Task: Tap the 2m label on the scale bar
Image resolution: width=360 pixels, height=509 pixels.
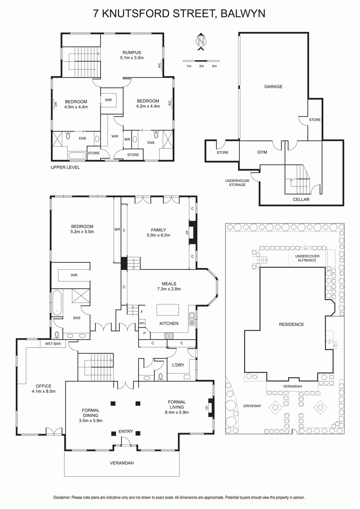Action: [202, 66]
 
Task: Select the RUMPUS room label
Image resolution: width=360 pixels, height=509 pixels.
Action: [131, 53]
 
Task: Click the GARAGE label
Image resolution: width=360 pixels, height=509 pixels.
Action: [273, 87]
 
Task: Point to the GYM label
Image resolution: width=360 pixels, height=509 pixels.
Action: [262, 152]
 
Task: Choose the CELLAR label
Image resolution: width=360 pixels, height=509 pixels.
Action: [301, 199]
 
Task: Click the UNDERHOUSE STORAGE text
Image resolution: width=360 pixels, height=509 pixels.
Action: [237, 183]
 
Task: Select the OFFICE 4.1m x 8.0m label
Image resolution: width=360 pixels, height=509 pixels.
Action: [44, 388]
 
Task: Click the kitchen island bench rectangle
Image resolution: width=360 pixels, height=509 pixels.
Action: [168, 310]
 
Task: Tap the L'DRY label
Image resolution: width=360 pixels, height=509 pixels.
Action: [178, 365]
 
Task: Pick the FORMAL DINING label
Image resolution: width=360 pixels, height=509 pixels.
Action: [90, 413]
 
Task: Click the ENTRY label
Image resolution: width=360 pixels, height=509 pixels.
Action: [126, 431]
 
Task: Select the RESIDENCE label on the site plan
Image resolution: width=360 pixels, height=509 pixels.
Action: [292, 324]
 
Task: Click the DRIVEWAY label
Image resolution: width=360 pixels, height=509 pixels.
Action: [252, 406]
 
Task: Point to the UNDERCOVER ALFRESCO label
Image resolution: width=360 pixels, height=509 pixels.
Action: [307, 259]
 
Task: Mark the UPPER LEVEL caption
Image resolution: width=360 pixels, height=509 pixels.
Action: [65, 168]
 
